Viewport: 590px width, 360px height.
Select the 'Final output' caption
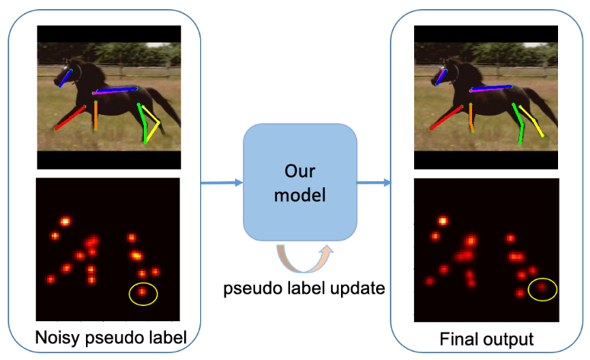[486, 337]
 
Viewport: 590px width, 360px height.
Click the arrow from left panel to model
[221, 183]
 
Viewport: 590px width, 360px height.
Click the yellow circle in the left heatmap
[142, 292]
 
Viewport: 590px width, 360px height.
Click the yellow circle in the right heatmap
[542, 288]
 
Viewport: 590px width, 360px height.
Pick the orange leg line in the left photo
[96, 116]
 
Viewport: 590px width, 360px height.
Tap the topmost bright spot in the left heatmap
[65, 221]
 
